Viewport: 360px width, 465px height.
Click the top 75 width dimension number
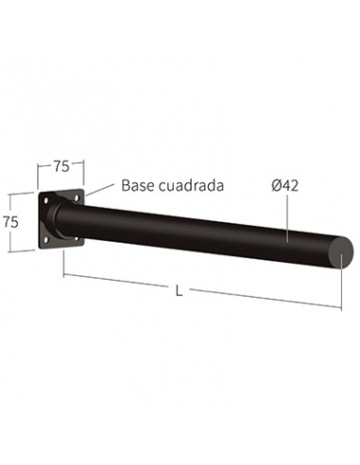61,166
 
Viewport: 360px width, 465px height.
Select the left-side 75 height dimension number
10,223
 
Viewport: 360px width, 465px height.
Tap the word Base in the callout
138,185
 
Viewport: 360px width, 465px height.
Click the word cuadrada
191,185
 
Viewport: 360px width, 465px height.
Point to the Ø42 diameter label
284,185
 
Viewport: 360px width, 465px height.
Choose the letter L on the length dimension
179,291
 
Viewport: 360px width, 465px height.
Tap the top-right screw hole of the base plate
77,198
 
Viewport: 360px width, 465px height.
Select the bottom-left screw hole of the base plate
46,240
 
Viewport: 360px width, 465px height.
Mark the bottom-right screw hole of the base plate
77,238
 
